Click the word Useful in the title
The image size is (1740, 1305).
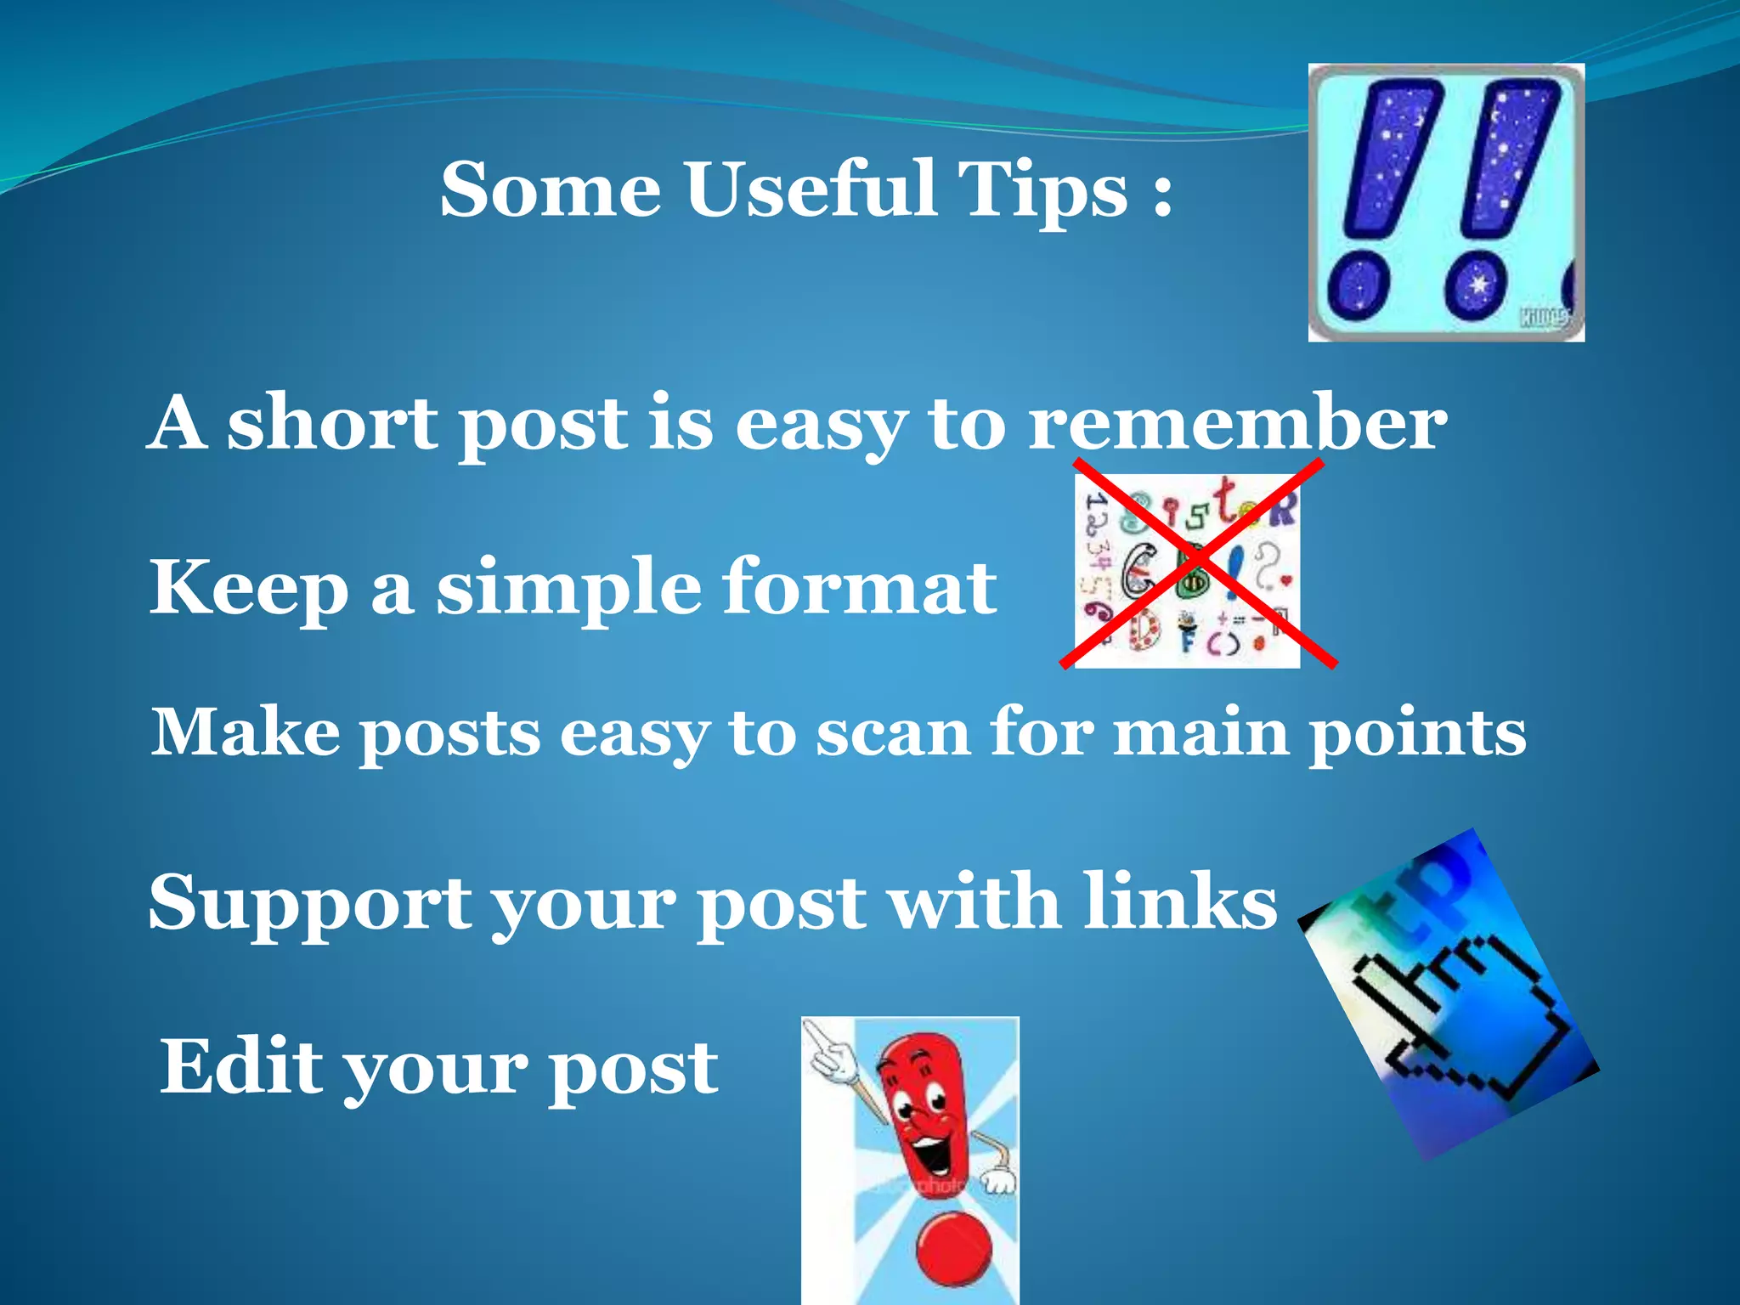811,189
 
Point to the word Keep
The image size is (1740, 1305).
249,588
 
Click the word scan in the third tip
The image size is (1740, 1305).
892,732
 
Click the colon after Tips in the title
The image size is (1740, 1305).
1162,195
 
